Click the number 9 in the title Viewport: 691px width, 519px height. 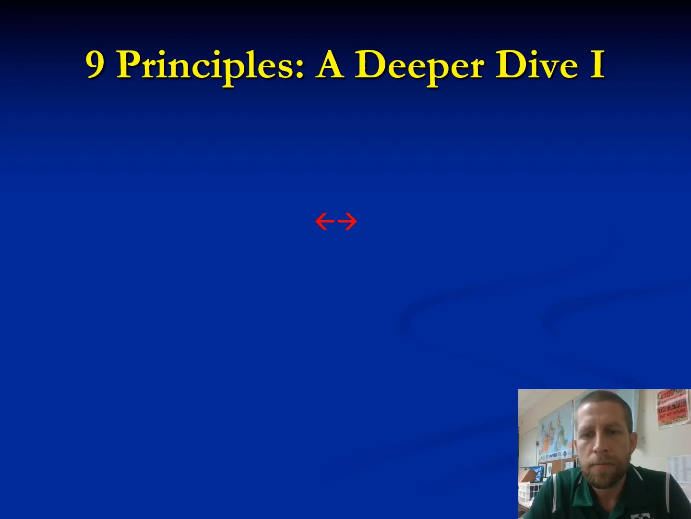pos(95,64)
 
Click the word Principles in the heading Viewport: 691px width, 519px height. pos(210,65)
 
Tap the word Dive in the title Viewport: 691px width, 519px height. pos(536,64)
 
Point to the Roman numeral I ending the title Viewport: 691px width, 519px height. pos(597,64)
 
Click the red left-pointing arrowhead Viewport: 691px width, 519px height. pos(325,222)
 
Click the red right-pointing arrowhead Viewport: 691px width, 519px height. pos(347,222)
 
